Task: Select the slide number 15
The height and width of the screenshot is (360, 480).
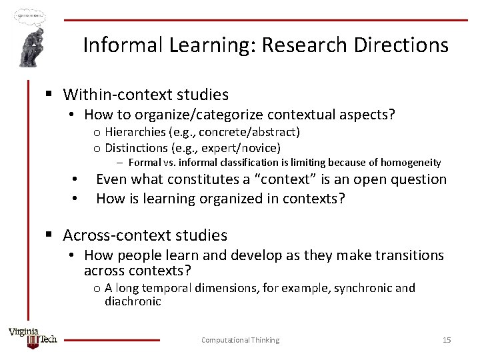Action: click(447, 340)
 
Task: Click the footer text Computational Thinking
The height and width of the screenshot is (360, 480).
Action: click(240, 340)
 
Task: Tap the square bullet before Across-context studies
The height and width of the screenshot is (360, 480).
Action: click(49, 235)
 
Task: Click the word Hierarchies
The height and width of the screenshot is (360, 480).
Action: click(133, 132)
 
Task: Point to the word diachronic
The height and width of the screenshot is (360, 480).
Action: click(133, 301)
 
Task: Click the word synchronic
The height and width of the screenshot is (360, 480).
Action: click(363, 288)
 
